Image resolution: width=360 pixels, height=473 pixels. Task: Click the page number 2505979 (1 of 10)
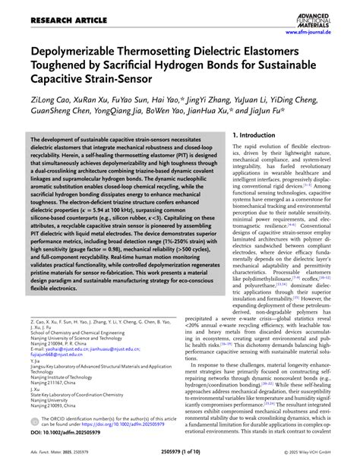point(180,459)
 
